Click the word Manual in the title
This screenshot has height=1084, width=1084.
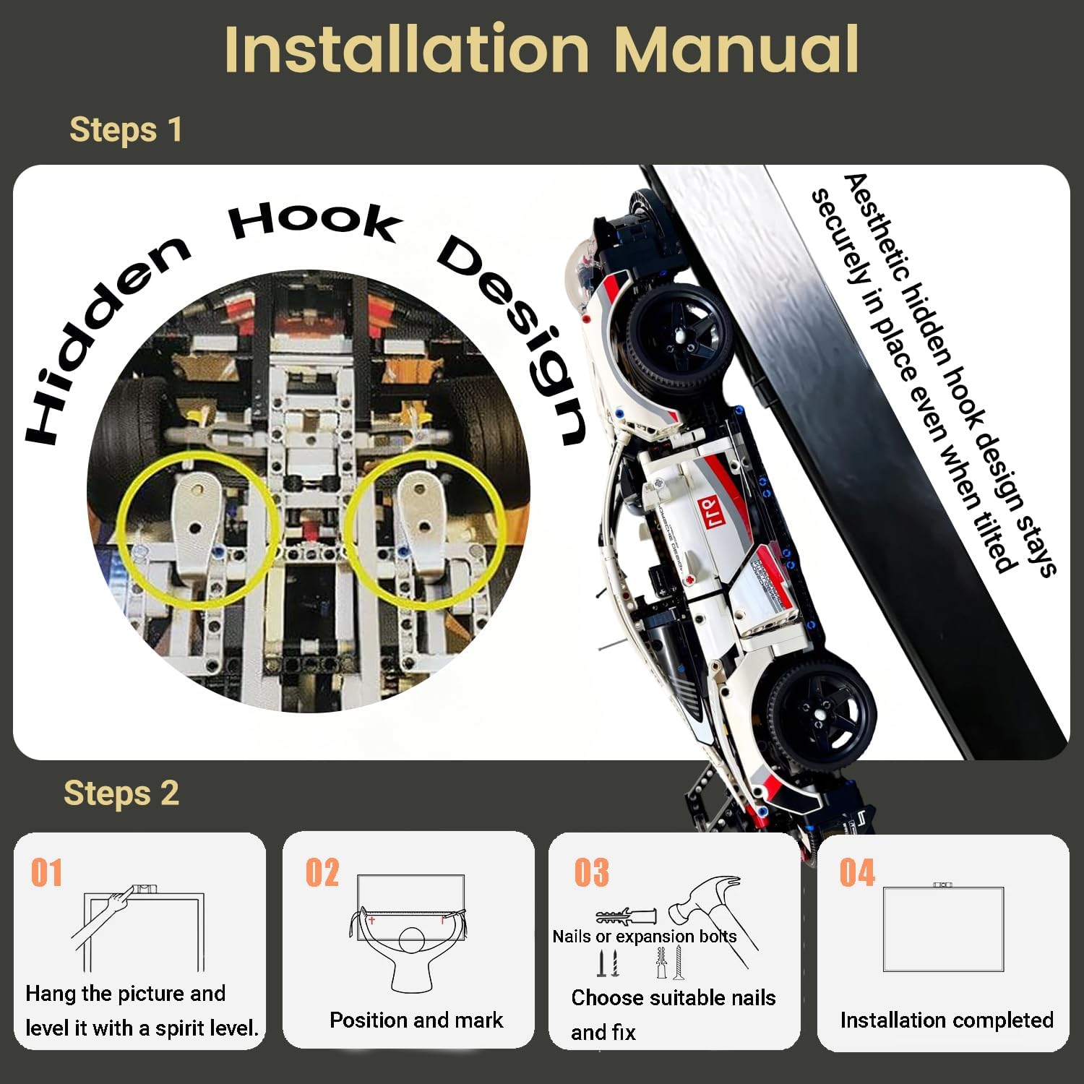[x=736, y=49]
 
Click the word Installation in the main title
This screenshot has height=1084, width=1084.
[x=407, y=49]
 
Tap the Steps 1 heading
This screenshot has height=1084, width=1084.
[x=126, y=130]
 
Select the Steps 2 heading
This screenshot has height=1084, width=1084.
[x=121, y=793]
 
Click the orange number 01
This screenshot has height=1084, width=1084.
[x=46, y=872]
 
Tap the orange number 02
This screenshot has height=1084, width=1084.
[x=322, y=872]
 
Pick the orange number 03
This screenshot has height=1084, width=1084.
[x=592, y=872]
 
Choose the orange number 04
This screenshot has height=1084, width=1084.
[x=857, y=872]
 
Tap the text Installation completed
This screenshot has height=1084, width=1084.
[x=947, y=1020]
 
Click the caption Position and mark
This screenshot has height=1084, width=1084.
[x=416, y=1020]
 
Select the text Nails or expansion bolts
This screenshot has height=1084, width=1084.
[x=645, y=937]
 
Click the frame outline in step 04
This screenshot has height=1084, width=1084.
[x=943, y=888]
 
